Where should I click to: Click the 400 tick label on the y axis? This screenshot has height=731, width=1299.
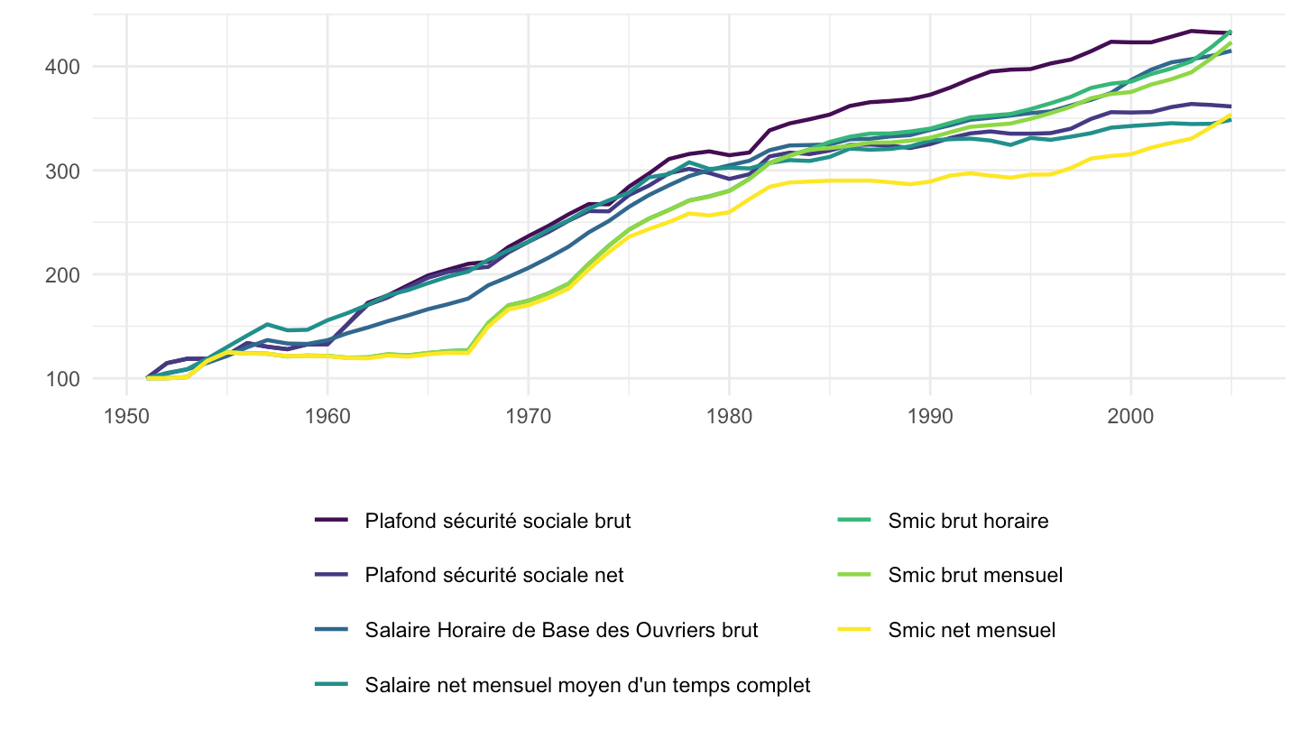pyautogui.click(x=62, y=68)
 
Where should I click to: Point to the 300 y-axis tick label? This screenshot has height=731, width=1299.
pyautogui.click(x=62, y=171)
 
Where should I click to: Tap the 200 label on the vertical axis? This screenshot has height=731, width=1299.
pyautogui.click(x=62, y=275)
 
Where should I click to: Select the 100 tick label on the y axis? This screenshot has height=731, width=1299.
pyautogui.click(x=62, y=379)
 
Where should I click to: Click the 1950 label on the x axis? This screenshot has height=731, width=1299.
pyautogui.click(x=126, y=416)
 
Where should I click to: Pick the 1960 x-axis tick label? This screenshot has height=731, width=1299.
pyautogui.click(x=327, y=416)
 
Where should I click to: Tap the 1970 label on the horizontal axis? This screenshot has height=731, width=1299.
pyautogui.click(x=529, y=416)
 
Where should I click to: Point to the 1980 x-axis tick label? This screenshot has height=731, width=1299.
pyautogui.click(x=730, y=416)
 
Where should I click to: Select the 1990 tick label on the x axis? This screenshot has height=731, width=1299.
pyautogui.click(x=930, y=416)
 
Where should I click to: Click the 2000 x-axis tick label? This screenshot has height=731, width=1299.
pyautogui.click(x=1131, y=416)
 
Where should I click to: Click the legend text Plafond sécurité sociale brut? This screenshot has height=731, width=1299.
pyautogui.click(x=498, y=521)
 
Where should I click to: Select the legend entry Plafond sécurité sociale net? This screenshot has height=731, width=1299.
pyautogui.click(x=494, y=575)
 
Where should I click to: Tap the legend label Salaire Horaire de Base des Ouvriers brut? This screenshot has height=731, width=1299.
pyautogui.click(x=561, y=630)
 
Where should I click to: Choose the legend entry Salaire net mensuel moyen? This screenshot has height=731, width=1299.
pyautogui.click(x=587, y=685)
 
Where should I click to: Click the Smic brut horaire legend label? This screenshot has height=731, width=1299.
pyautogui.click(x=969, y=521)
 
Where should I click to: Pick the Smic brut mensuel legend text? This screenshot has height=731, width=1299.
pyautogui.click(x=975, y=575)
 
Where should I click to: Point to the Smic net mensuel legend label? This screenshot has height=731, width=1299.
pyautogui.click(x=972, y=630)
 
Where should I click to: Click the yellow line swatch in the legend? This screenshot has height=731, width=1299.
pyautogui.click(x=854, y=629)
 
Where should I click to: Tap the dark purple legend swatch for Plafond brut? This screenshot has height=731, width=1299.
pyautogui.click(x=331, y=520)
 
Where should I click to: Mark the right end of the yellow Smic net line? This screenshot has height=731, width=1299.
pyautogui.click(x=1230, y=115)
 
